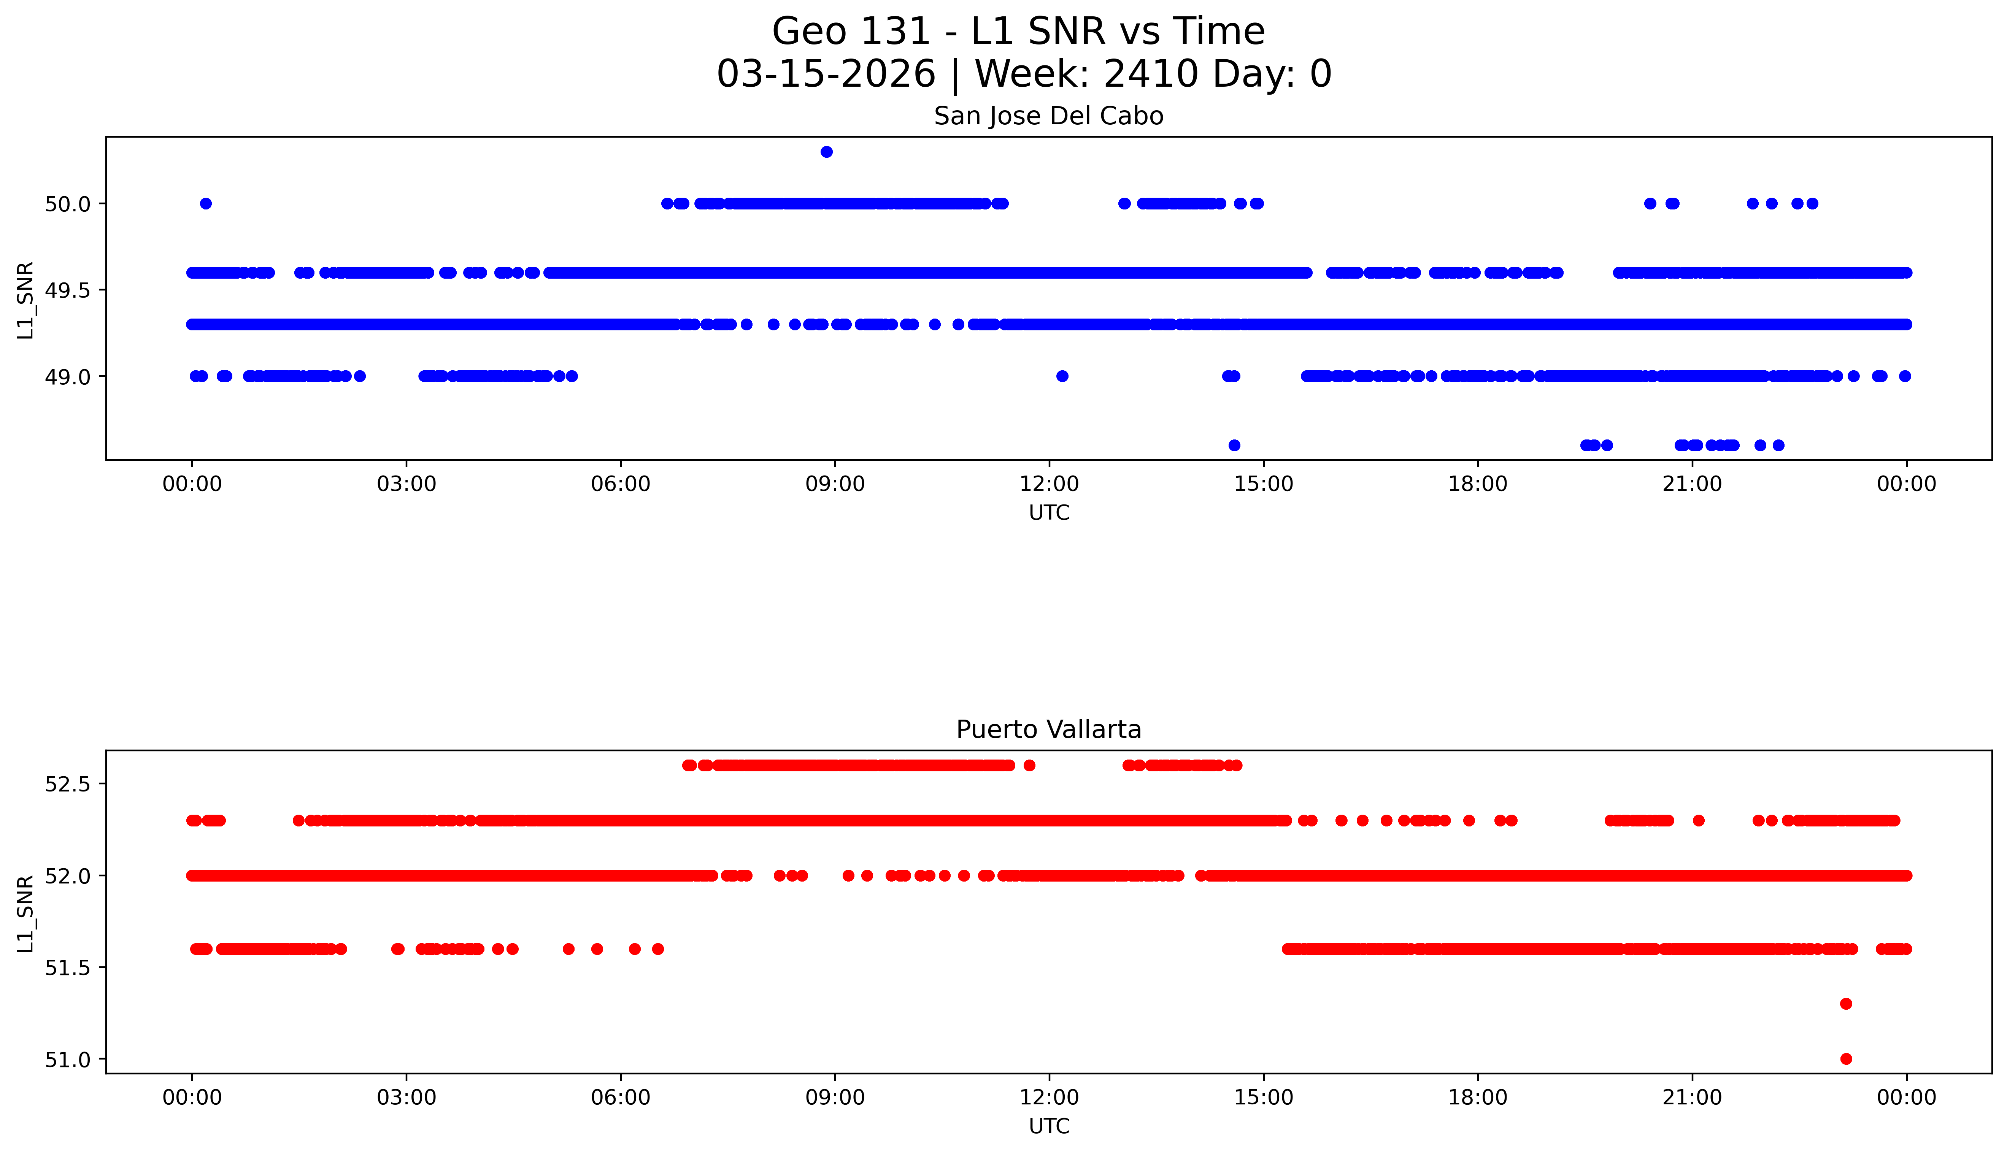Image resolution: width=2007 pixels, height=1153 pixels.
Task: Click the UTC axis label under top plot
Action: (1049, 513)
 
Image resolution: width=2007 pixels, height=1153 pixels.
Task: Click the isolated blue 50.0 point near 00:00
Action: (206, 203)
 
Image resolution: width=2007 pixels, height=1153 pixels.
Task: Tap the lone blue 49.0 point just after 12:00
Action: (1062, 376)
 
